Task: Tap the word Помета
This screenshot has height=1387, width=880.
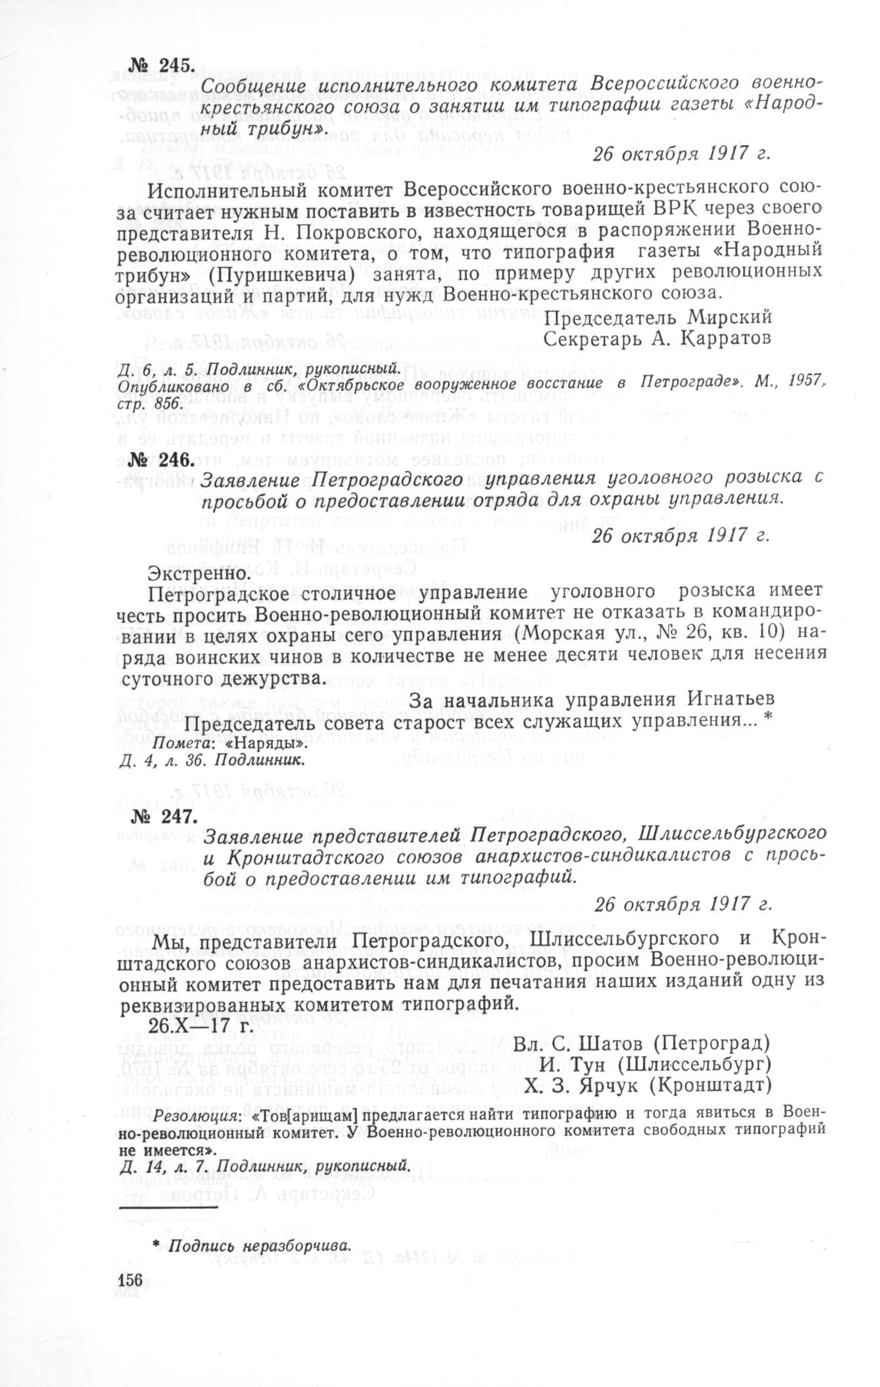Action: click(x=184, y=744)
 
